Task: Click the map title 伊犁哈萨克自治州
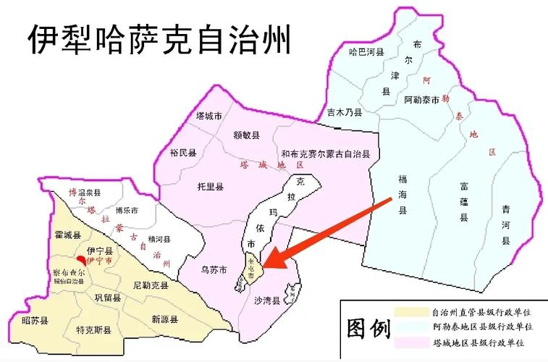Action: tap(159, 40)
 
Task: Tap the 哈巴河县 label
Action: tap(366, 52)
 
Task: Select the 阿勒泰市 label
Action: tap(422, 100)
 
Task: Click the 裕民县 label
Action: tap(183, 153)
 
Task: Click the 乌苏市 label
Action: tap(214, 269)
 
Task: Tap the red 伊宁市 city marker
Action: tap(81, 258)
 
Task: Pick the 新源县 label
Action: tap(165, 319)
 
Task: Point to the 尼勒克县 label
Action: tap(150, 286)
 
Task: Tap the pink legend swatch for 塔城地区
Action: tap(411, 341)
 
